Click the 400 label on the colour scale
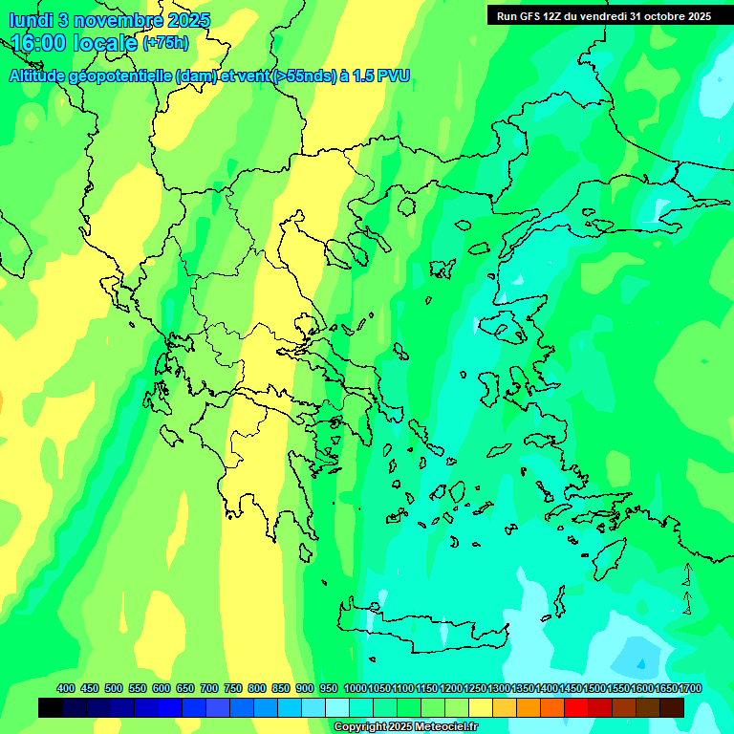tap(66, 688)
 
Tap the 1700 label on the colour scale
tap(690, 688)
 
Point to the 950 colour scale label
tap(329, 688)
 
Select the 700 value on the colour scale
tap(209, 688)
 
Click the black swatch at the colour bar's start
tap(51, 707)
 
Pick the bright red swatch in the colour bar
tap(576, 707)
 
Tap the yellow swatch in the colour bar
tap(481, 707)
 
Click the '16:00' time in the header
tap(40, 43)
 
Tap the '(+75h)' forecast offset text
tap(165, 43)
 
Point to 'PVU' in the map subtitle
tap(393, 76)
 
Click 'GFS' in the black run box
tap(529, 16)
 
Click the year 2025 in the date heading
tap(188, 20)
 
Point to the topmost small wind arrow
tap(687, 572)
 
